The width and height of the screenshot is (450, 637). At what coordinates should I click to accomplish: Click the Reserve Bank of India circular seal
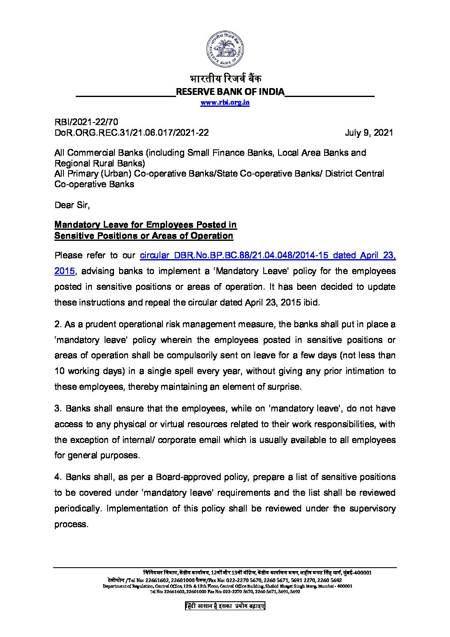tap(225, 50)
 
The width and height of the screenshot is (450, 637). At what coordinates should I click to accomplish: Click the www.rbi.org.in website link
tap(225, 103)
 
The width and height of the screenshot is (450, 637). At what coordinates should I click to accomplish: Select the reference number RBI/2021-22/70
tap(83, 123)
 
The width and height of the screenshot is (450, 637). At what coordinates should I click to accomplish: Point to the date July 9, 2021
tap(369, 132)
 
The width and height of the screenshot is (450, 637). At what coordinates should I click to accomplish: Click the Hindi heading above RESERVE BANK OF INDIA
tap(225, 79)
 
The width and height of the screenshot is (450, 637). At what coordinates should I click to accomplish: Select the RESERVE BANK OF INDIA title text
tap(230, 91)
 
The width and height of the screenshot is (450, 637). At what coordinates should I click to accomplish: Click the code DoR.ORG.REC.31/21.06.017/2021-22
tap(131, 132)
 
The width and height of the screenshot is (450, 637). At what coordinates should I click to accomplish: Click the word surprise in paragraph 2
tap(285, 387)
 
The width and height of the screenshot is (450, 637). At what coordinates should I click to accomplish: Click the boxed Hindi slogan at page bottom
tap(225, 606)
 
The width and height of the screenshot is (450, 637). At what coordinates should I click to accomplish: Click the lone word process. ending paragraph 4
tap(71, 524)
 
